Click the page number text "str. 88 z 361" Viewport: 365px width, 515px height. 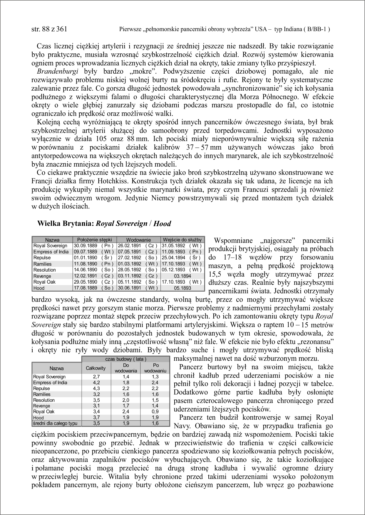pyautogui.click(x=49, y=29)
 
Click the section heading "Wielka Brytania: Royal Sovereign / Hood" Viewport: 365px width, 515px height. pyautogui.click(x=104, y=224)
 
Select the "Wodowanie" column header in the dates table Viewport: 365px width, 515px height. pyautogui.click(x=138, y=240)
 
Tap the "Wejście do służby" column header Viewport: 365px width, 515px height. pyautogui.click(x=182, y=240)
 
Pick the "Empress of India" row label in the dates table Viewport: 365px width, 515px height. pyautogui.click(x=51, y=252)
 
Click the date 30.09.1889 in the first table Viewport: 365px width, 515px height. pyautogui.click(x=85, y=246)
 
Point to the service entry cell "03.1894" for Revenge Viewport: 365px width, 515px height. pyautogui.click(x=182, y=276)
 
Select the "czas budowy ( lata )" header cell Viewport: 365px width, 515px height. pyautogui.click(x=126, y=359)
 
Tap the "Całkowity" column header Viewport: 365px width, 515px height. pyautogui.click(x=96, y=368)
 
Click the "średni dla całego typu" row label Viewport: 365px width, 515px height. pyautogui.click(x=55, y=423)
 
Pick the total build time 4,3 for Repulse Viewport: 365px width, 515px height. pyautogui.click(x=96, y=389)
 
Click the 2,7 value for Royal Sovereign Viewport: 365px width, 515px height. pyautogui.click(x=96, y=377)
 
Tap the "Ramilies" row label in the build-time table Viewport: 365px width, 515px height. pyautogui.click(x=42, y=394)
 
